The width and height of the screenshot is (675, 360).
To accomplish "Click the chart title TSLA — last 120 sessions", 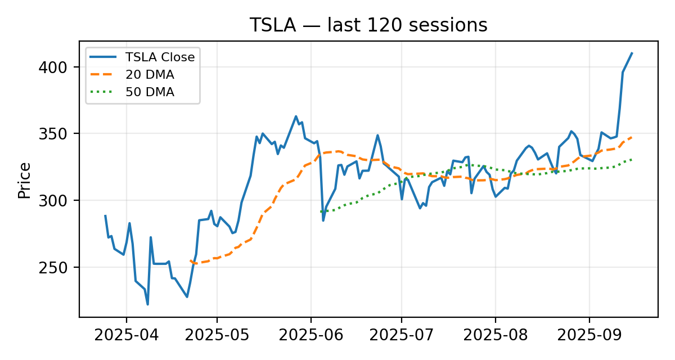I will pos(368,25).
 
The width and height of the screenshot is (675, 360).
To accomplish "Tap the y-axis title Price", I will pos(24,180).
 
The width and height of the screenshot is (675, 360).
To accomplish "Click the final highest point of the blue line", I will pos(632,53).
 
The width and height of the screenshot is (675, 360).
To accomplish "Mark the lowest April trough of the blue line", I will pos(147,304).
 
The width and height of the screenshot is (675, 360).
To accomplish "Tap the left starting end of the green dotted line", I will pos(321,211).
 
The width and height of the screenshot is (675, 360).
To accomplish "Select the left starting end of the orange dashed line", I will pos(191,260).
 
